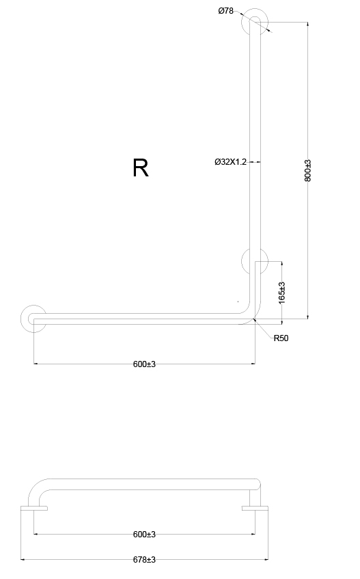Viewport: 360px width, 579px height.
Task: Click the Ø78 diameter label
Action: coord(225,11)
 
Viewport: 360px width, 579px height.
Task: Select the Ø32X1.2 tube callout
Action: coord(230,162)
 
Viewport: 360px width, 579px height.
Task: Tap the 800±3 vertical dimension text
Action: coord(308,170)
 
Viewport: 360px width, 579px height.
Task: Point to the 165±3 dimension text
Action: coord(282,293)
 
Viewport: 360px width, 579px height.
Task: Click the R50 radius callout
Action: coord(281,338)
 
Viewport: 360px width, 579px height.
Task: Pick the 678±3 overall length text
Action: coord(144,560)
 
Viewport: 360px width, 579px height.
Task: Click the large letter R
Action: coord(141,168)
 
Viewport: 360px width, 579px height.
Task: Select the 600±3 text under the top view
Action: coord(144,364)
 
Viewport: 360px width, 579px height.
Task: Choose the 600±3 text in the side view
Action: coord(144,535)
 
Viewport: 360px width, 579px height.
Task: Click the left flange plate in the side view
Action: coord(34,508)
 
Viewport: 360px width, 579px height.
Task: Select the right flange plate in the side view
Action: coord(255,508)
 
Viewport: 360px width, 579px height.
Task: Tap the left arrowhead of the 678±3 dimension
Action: coord(23,560)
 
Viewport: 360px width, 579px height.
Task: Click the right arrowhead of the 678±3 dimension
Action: coord(266,560)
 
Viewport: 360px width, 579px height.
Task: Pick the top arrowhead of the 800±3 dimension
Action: coord(308,25)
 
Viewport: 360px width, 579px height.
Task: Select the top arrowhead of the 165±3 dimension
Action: coord(282,264)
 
